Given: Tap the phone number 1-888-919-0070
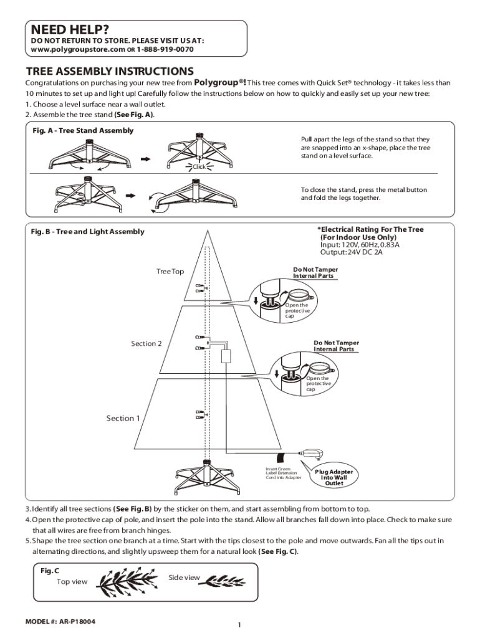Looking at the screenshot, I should [x=166, y=49].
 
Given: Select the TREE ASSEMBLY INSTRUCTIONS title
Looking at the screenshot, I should [x=109, y=71].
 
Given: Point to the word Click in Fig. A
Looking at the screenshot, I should [x=199, y=166].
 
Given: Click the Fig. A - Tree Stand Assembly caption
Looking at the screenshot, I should [x=83, y=130].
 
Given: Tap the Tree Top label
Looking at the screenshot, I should [x=170, y=272].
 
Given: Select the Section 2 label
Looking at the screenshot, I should [x=146, y=343].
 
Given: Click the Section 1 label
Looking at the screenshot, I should [x=123, y=418].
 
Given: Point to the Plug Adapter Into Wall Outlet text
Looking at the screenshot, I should [x=334, y=477].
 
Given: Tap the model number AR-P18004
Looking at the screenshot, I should [x=60, y=622].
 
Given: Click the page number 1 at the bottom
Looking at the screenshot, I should [x=239, y=625].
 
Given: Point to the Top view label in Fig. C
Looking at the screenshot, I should [x=72, y=582].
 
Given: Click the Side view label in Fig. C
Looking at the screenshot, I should [x=184, y=578].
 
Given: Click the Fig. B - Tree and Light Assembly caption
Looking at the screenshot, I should [x=88, y=232].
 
